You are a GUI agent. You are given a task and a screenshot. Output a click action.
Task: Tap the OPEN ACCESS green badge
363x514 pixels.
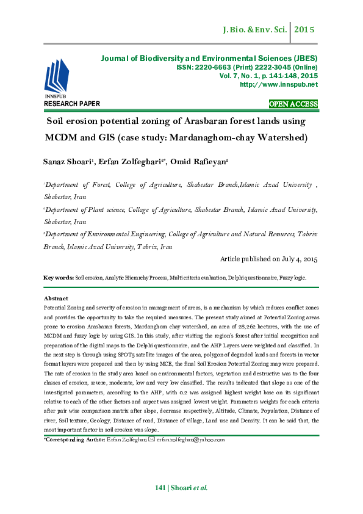293,104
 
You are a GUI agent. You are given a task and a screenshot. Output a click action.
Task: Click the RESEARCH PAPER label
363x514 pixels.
72,104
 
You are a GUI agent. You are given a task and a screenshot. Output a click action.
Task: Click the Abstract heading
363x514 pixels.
56,298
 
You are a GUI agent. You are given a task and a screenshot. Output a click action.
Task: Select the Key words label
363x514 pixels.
59,278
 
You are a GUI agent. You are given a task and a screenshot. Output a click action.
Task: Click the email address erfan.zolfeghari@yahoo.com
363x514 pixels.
191,440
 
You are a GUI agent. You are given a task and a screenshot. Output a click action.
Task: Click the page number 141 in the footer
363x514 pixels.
160,488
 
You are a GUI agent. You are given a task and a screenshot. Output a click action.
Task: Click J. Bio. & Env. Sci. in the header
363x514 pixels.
256,29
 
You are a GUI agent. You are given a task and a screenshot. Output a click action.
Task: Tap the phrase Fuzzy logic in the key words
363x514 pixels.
294,278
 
